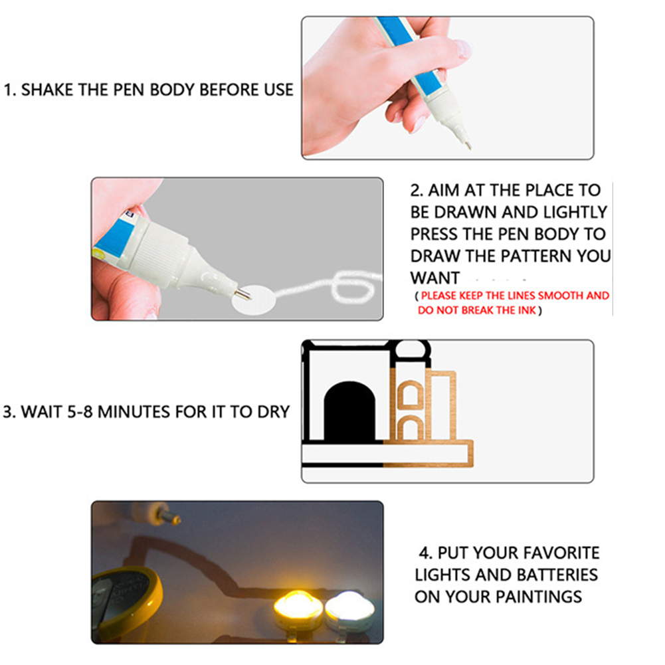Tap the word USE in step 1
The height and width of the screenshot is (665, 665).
coord(278,90)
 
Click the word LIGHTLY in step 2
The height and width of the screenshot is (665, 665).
coord(575,212)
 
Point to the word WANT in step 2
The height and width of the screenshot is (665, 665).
coord(435,278)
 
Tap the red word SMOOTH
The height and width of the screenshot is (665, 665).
coord(561,296)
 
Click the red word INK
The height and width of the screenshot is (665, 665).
coord(527,310)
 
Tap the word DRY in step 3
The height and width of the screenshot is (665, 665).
coord(274,412)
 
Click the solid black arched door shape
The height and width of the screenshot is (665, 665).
coord(349,411)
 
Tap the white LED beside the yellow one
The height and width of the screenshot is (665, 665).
coord(349,610)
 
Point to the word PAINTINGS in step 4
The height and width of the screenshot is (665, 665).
coord(539,597)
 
